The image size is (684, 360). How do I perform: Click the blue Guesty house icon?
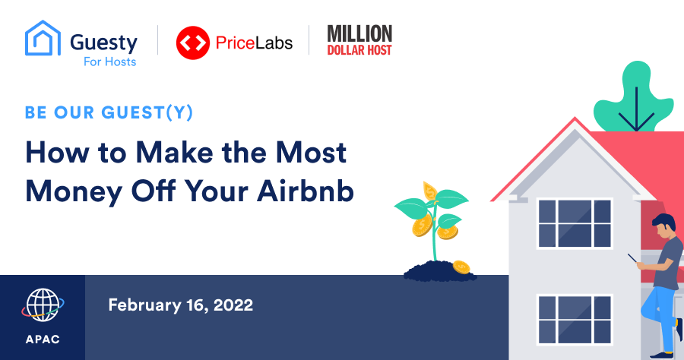[43, 38]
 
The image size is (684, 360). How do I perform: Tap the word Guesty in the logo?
[104, 43]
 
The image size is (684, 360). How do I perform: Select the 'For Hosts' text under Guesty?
[110, 62]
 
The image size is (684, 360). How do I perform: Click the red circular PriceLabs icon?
[193, 43]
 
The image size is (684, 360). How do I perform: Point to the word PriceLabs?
[255, 43]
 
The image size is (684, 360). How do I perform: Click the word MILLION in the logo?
[360, 33]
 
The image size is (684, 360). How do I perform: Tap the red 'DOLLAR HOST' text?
[359, 50]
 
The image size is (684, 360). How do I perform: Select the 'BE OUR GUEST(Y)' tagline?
[109, 112]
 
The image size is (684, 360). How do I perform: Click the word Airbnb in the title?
[306, 191]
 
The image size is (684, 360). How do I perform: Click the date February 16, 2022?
[181, 305]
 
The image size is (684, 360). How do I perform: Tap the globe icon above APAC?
[43, 305]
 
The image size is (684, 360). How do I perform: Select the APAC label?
[43, 339]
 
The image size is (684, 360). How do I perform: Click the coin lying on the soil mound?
[461, 267]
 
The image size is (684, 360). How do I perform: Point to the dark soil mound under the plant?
[439, 270]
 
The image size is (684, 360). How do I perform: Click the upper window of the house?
[575, 223]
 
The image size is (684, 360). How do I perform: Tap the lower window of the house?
[575, 320]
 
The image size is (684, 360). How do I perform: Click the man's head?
[664, 226]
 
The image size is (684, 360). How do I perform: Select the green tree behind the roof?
[635, 98]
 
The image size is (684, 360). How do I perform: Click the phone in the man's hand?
[633, 258]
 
